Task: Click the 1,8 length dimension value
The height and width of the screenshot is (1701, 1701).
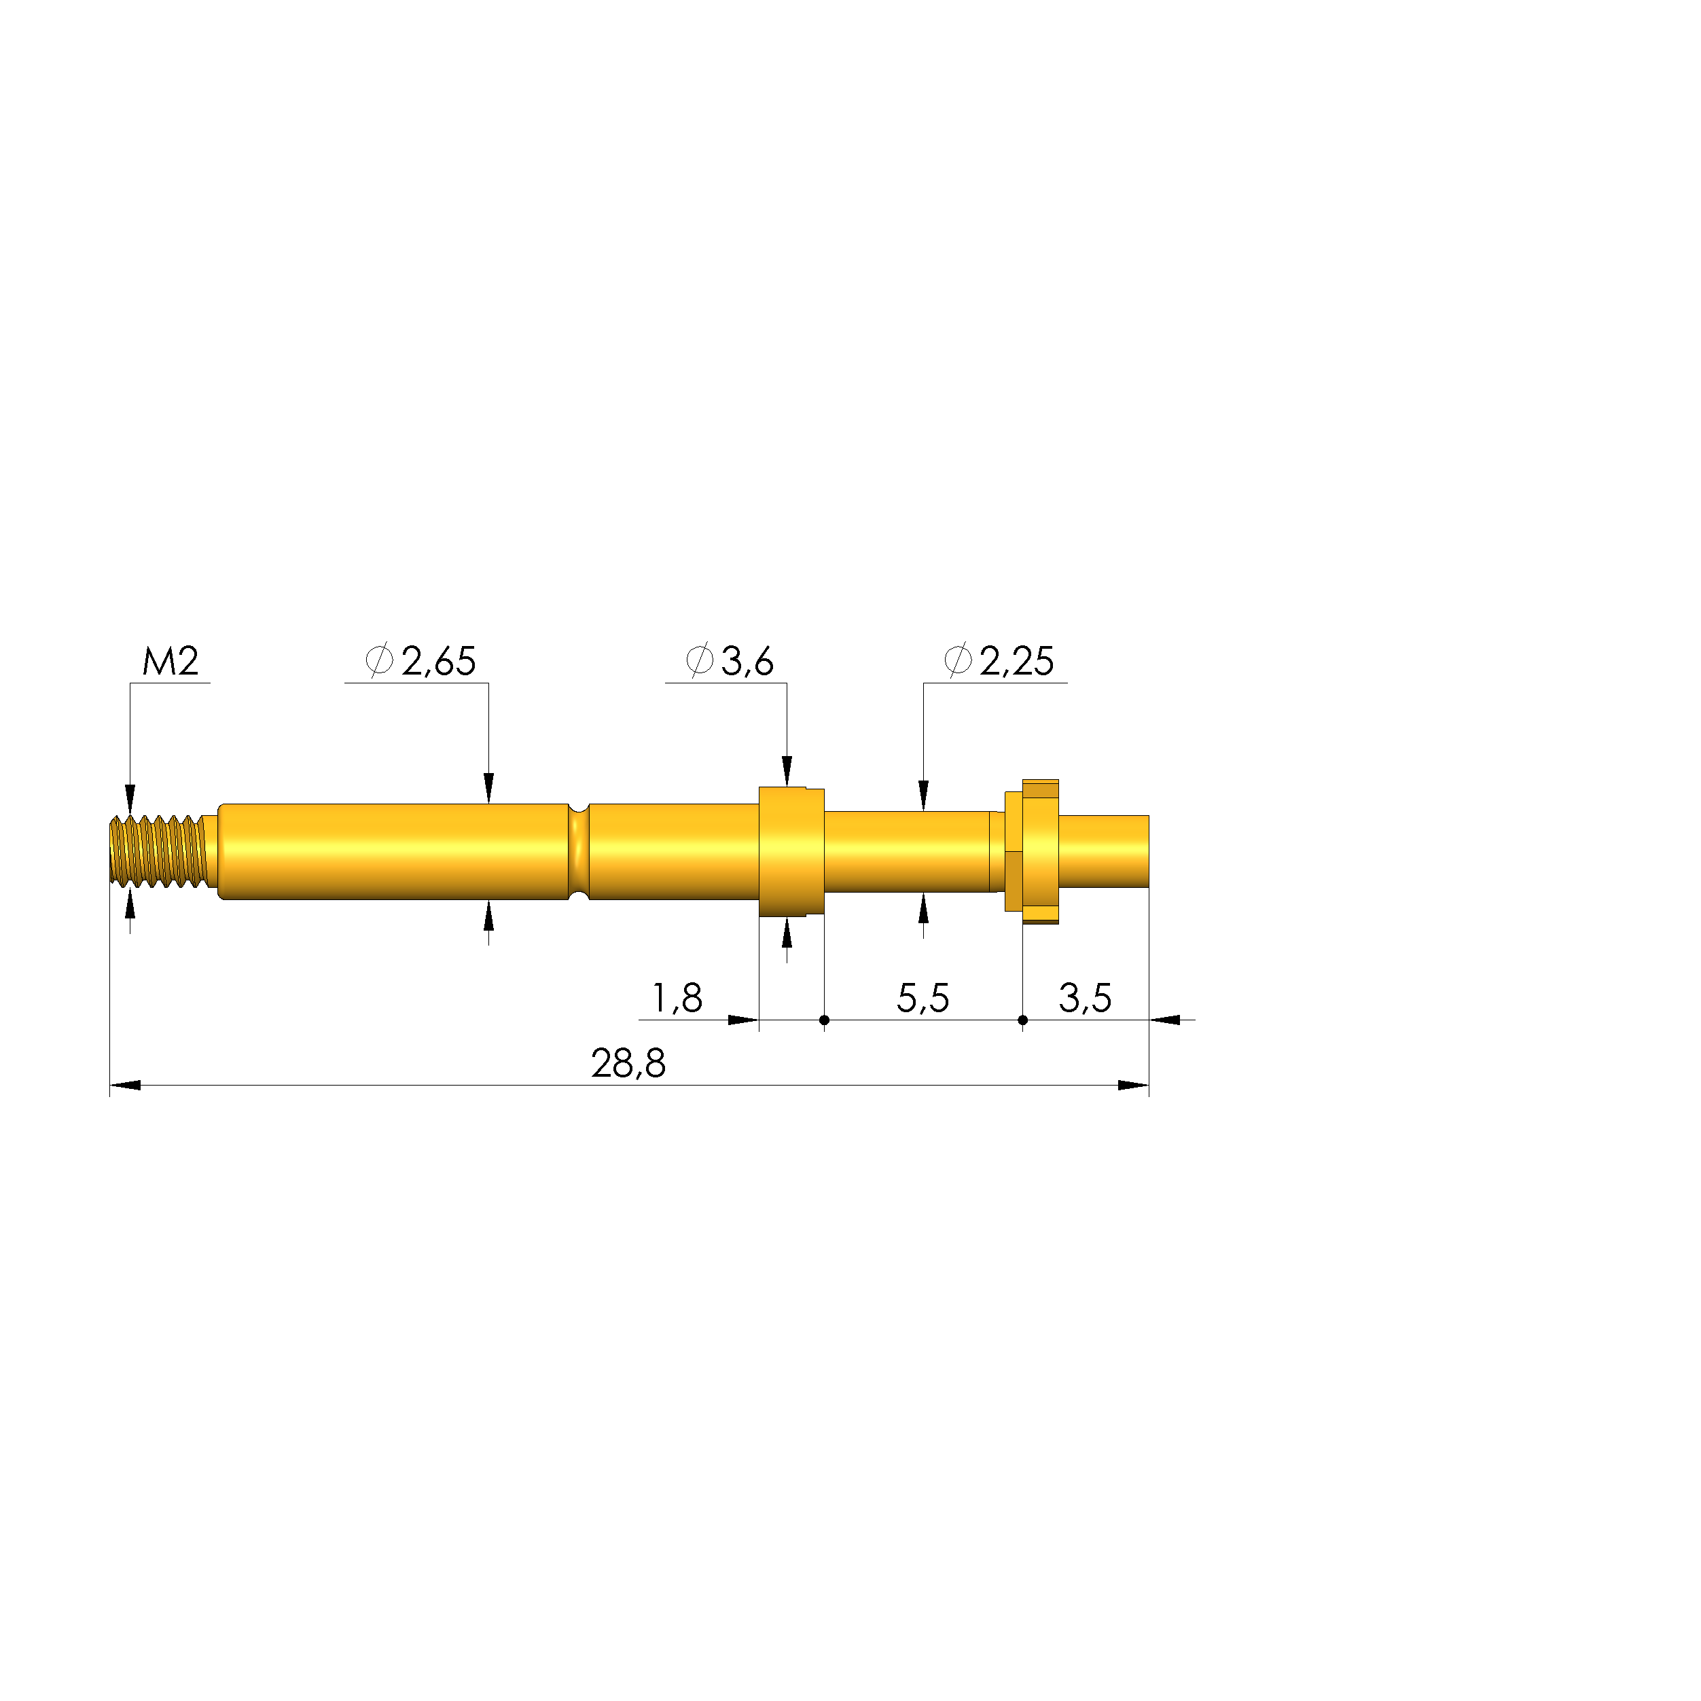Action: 676,999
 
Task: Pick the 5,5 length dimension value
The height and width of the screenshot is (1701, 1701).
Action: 923,999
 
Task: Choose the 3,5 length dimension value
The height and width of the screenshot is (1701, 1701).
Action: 1085,999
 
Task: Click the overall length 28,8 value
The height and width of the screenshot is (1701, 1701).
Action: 628,1064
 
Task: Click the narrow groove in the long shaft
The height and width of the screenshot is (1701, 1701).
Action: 579,850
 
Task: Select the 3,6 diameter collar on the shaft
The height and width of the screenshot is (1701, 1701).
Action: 791,850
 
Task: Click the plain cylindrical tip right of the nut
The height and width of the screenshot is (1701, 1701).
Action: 1103,850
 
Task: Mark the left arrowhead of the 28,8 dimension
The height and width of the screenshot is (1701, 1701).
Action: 125,1085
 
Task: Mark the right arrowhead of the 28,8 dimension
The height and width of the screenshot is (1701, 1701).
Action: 1134,1085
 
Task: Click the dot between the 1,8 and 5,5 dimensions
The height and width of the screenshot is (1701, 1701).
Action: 824,1020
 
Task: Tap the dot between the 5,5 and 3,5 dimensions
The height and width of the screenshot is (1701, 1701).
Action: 1022,1020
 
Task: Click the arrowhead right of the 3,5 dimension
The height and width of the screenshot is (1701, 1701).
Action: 1165,1020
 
